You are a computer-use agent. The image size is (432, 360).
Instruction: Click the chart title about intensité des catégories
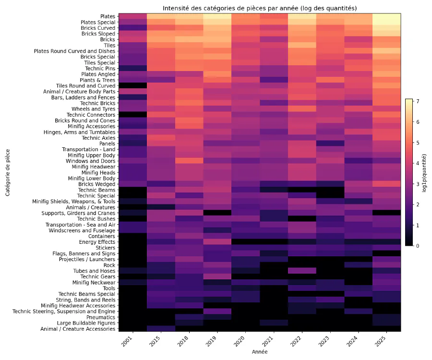pyautogui.click(x=259, y=8)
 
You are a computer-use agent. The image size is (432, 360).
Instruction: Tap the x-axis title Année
pyautogui.click(x=259, y=352)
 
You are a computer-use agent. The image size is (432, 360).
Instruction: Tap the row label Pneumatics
pyautogui.click(x=101, y=317)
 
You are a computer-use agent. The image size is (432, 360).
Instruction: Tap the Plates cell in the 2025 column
pyautogui.click(x=386, y=16)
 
